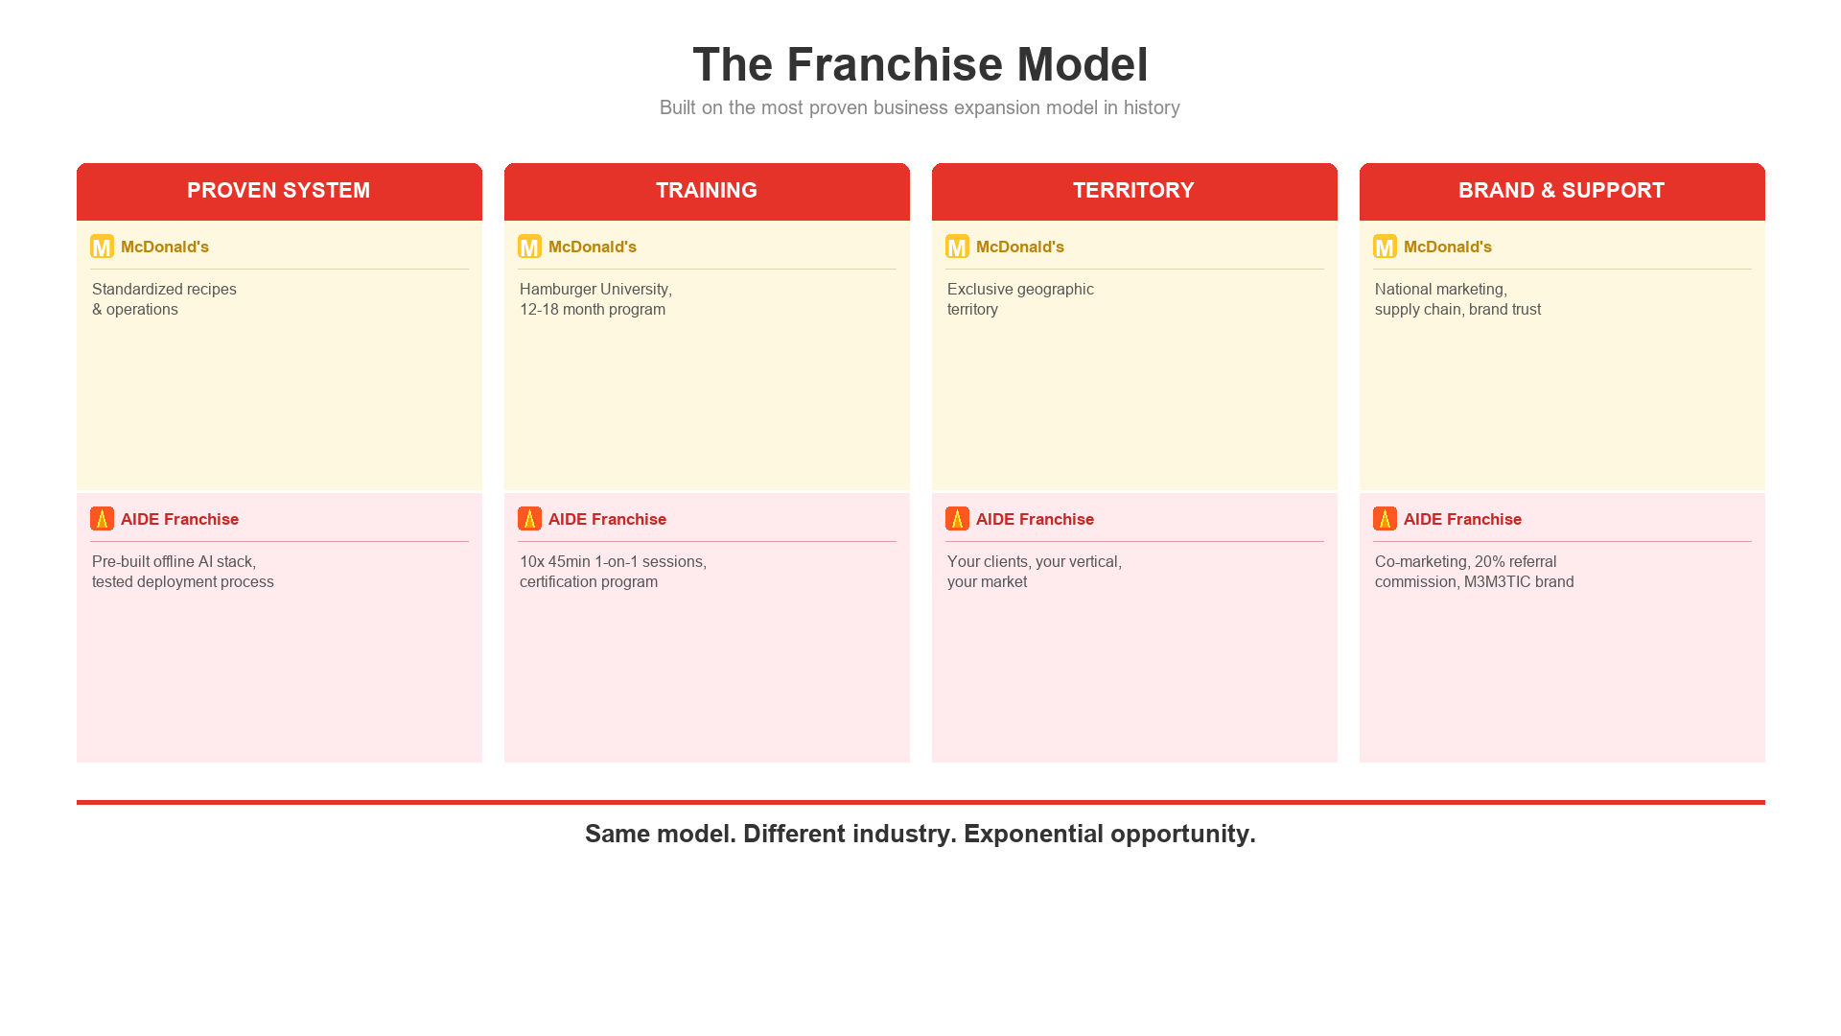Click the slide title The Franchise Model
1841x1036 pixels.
[x=920, y=64]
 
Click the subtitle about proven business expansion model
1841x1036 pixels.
[x=920, y=107]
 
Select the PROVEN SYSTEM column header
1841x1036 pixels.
[x=278, y=190]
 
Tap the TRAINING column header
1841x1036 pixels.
[x=706, y=190]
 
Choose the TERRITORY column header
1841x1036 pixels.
[x=1133, y=190]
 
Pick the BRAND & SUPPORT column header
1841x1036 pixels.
[x=1561, y=190]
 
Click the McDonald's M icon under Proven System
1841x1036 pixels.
[x=102, y=247]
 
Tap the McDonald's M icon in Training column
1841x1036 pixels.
[x=529, y=247]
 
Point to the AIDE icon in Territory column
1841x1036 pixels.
[x=957, y=519]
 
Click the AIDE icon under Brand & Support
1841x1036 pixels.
[x=1385, y=519]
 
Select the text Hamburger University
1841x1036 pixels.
[x=595, y=290]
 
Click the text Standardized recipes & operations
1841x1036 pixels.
[x=164, y=299]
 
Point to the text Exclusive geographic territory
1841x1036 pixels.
[x=1020, y=299]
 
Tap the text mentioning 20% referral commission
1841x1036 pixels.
[x=1474, y=572]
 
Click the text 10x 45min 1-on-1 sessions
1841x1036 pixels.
[x=613, y=562]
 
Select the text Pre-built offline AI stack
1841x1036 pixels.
[x=174, y=562]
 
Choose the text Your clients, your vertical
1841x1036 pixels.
[x=1034, y=562]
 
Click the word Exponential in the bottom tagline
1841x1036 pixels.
[x=1033, y=834]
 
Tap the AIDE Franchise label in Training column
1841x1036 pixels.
[x=607, y=519]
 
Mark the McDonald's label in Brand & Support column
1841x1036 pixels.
[x=1447, y=247]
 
